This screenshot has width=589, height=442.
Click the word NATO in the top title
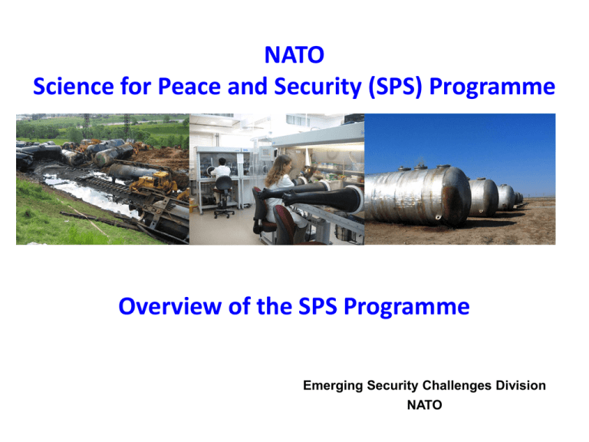tap(294, 55)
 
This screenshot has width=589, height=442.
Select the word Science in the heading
tap(74, 86)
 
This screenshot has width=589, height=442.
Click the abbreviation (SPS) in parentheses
tap(396, 87)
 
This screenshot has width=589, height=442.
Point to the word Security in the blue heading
tap(318, 87)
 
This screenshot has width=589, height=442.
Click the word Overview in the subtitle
tap(170, 306)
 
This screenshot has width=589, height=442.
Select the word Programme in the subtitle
tap(406, 307)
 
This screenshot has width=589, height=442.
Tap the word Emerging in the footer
tap(333, 386)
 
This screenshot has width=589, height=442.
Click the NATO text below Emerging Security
tap(424, 405)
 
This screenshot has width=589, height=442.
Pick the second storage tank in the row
tap(483, 197)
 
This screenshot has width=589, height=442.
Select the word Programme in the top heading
tap(492, 87)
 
